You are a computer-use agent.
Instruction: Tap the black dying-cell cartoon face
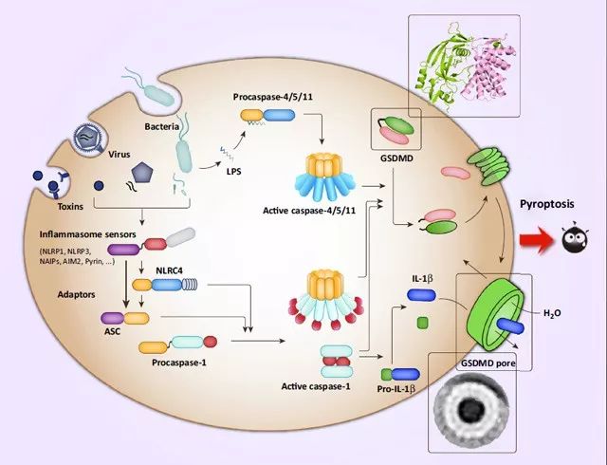tap(575, 239)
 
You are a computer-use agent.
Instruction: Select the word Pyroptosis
tap(547, 204)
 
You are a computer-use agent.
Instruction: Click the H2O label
tap(552, 313)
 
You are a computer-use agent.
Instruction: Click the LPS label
tap(234, 171)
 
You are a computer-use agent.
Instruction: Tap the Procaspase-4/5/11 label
tap(273, 97)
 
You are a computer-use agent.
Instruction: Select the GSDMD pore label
tap(488, 363)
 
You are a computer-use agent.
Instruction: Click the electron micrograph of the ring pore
tap(470, 408)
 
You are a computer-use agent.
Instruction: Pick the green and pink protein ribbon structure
tap(465, 65)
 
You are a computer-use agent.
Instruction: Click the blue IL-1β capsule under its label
tap(421, 295)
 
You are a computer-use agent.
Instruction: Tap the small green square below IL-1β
tap(423, 323)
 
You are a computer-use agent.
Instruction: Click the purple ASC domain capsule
tap(113, 319)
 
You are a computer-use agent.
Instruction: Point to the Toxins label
tap(70, 207)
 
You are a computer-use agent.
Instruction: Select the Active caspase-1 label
tap(316, 386)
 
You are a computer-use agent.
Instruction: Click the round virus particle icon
tap(88, 138)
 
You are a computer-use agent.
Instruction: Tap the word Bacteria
tap(162, 127)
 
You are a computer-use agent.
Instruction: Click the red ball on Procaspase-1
tap(211, 342)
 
